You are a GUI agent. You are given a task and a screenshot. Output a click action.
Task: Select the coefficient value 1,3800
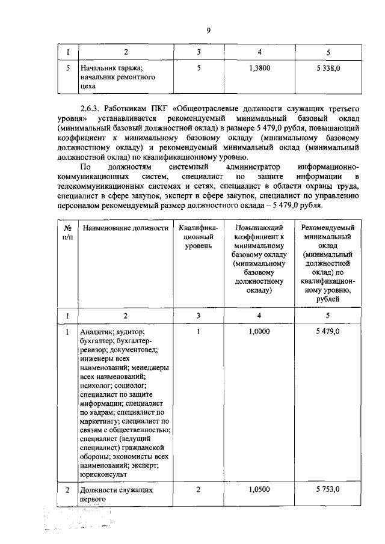tap(259, 69)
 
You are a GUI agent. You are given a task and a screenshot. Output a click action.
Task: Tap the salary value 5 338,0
tap(328, 69)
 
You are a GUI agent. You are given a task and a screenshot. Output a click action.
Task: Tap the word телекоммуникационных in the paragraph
tap(96, 187)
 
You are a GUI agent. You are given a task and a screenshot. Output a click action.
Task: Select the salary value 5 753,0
tap(328, 490)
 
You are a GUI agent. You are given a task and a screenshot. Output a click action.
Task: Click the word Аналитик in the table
tap(96, 332)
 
